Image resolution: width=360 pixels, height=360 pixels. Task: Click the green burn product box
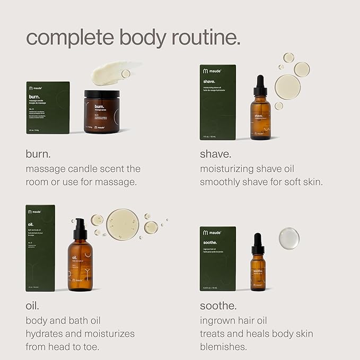(48, 108)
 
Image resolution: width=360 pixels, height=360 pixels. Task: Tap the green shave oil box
(217, 102)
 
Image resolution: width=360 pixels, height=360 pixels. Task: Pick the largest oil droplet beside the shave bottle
(287, 86)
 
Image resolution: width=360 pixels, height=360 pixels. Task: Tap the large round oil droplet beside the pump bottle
(122, 224)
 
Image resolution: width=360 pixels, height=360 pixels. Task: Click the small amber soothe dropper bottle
(258, 267)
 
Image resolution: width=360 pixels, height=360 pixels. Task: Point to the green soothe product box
(217, 259)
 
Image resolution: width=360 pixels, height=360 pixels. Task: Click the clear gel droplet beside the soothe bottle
(289, 239)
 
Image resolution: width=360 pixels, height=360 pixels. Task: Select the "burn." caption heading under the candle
(38, 154)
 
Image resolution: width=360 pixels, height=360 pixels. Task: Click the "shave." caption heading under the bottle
(215, 154)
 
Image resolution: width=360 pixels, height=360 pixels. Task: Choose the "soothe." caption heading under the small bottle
(218, 306)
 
